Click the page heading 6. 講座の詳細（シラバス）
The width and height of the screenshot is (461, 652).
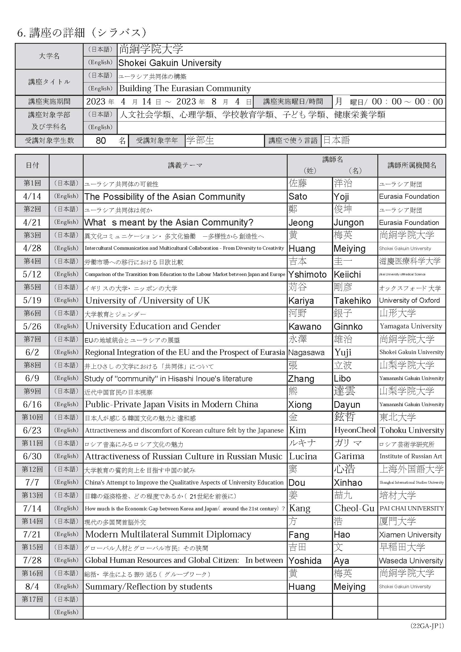pyautogui.click(x=82, y=33)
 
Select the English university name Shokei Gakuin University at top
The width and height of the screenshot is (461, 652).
pyautogui.click(x=170, y=63)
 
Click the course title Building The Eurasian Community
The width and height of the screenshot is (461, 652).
pyautogui.click(x=185, y=88)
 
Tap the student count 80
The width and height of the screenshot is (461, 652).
pyautogui.click(x=101, y=140)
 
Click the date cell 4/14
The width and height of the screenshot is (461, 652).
pyautogui.click(x=32, y=196)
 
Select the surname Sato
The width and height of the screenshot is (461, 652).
pyautogui.click(x=298, y=197)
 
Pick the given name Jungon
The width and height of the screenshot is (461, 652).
pyautogui.click(x=349, y=223)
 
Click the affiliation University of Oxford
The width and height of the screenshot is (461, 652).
pyautogui.click(x=409, y=300)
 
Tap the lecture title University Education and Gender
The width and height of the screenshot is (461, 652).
pyautogui.click(x=153, y=326)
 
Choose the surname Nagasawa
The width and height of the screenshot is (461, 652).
pyautogui.click(x=306, y=352)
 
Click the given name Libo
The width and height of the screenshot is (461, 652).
pyautogui.click(x=342, y=379)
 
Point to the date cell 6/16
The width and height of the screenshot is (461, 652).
pyautogui.click(x=32, y=404)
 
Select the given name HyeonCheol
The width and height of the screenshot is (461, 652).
pyautogui.click(x=355, y=430)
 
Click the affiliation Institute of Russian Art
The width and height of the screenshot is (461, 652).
pyautogui.click(x=411, y=456)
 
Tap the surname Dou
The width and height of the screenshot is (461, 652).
pyautogui.click(x=297, y=483)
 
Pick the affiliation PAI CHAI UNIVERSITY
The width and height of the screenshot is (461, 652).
pyautogui.click(x=412, y=508)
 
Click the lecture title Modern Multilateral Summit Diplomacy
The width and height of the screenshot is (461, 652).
pyautogui.click(x=168, y=534)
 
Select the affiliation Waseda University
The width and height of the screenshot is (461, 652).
pyautogui.click(x=411, y=561)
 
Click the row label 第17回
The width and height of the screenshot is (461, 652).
pyautogui.click(x=32, y=600)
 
